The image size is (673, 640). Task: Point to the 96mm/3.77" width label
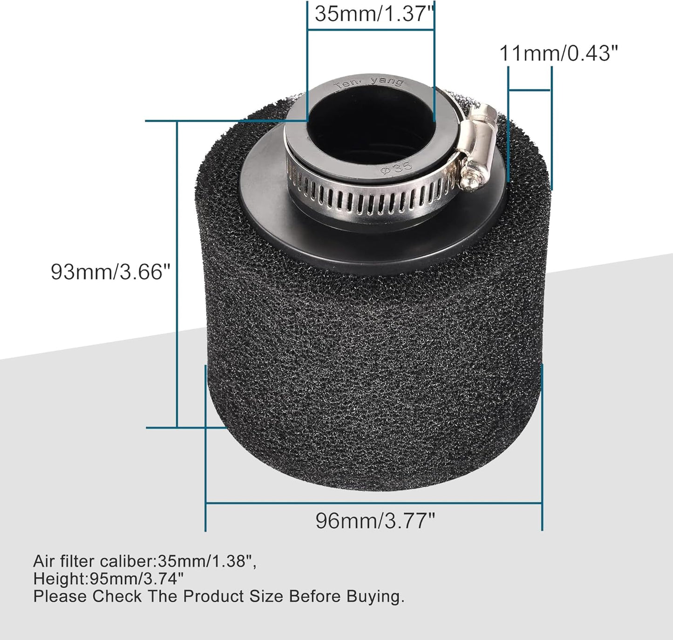click(x=375, y=520)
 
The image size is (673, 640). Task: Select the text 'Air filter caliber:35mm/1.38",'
click(x=144, y=561)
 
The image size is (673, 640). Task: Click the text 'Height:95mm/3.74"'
click(x=108, y=579)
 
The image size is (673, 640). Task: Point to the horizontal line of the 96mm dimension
click(x=373, y=503)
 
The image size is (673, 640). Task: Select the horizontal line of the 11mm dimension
click(x=530, y=89)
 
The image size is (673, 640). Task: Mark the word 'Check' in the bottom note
click(x=116, y=596)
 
